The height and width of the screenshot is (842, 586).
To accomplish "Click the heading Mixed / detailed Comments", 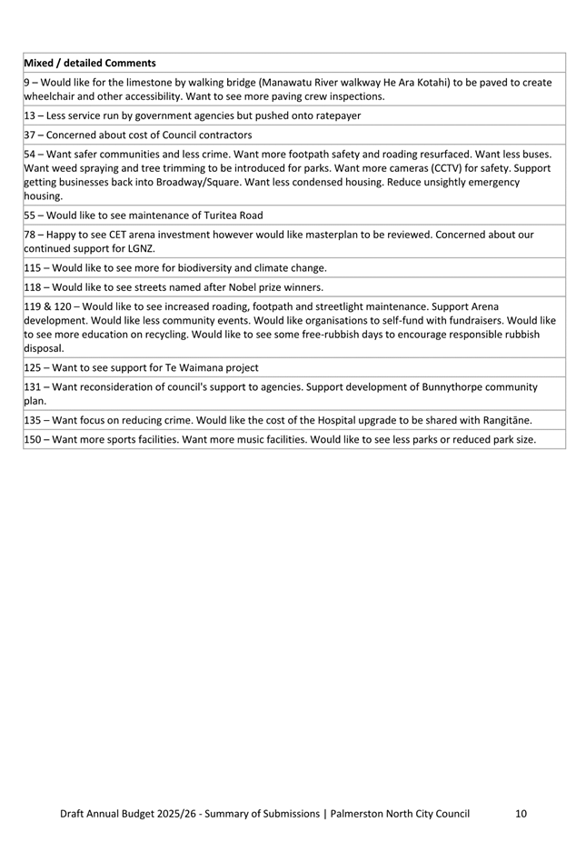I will [x=89, y=63].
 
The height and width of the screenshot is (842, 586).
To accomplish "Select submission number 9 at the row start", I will [x=27, y=82].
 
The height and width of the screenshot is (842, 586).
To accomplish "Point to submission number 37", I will [x=30, y=135].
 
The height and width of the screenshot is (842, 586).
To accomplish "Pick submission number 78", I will [x=30, y=235].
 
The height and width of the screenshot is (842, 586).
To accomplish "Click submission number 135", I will [x=34, y=420].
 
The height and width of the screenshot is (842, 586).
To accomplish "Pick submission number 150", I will [x=34, y=439].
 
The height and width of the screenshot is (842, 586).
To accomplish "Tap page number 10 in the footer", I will [x=520, y=814].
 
